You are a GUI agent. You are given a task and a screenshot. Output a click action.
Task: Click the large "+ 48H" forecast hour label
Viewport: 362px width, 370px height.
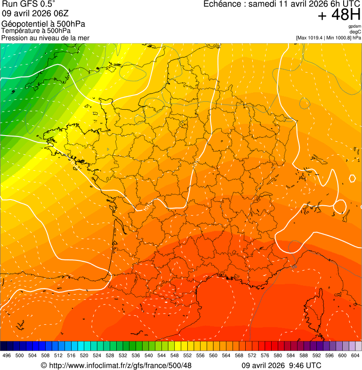pyautogui.click(x=339, y=16)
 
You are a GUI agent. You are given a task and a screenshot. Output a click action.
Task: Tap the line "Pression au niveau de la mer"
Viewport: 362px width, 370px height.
pyautogui.click(x=45, y=38)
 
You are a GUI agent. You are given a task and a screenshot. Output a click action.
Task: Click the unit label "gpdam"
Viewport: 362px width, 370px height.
pyautogui.click(x=354, y=27)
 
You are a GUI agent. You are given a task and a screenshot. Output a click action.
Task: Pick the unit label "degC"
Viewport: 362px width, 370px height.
pyautogui.click(x=355, y=32)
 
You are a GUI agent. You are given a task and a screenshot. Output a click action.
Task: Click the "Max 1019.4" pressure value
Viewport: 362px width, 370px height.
pyautogui.click(x=311, y=38)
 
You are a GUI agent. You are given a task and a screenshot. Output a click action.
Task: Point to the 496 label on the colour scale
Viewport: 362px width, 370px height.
pyautogui.click(x=7, y=355)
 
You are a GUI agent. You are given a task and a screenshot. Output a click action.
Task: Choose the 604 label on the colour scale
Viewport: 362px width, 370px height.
pyautogui.click(x=355, y=355)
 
